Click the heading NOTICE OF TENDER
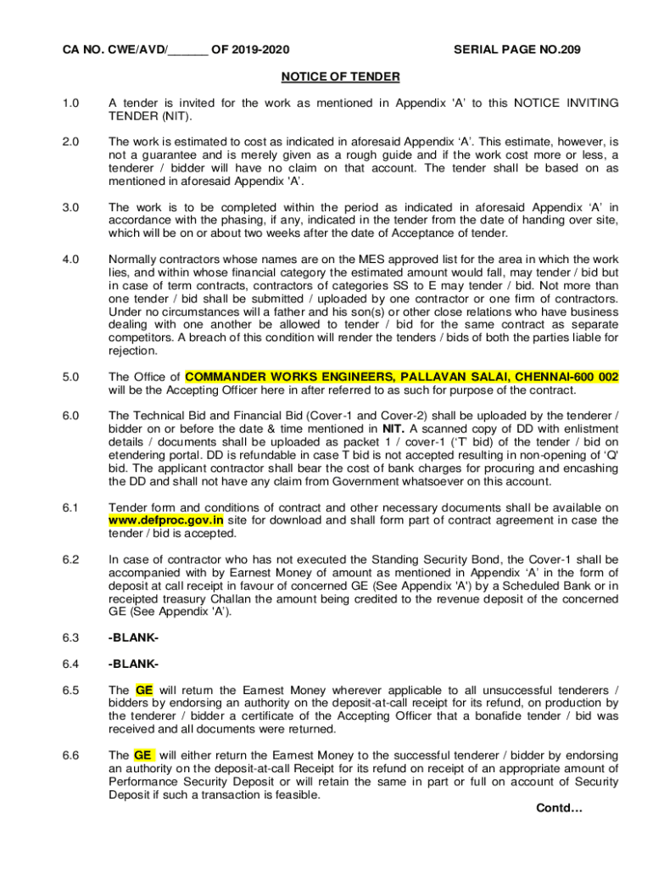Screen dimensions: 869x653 coord(340,77)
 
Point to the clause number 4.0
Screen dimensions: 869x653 coord(70,259)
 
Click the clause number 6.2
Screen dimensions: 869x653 coord(70,560)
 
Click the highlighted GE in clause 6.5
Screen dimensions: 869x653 coord(143,690)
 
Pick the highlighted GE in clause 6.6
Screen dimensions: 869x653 coord(143,754)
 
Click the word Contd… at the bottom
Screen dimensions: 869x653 coord(559,808)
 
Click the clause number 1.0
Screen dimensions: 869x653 coord(70,103)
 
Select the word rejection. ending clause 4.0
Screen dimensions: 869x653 coord(133,351)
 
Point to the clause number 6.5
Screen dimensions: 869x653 coord(70,690)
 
